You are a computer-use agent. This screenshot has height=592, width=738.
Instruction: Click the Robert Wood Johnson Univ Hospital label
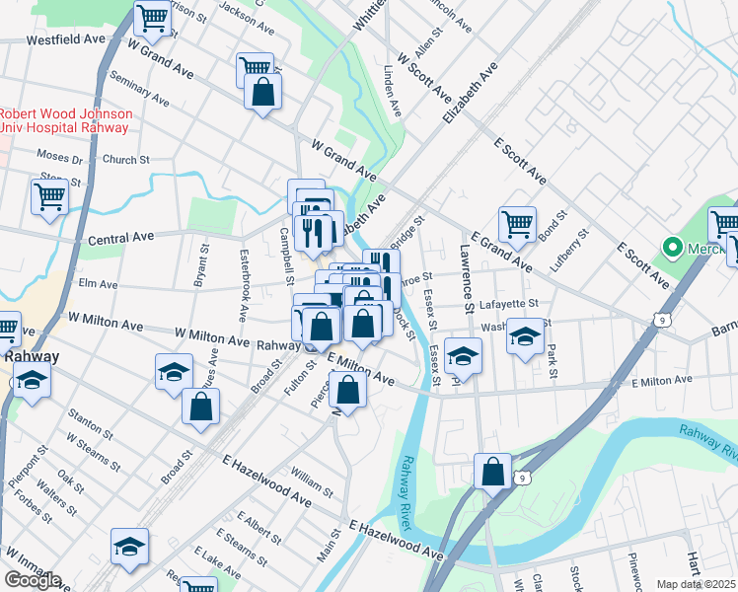pyautogui.click(x=65, y=120)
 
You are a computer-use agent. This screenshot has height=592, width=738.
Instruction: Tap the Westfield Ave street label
pyautogui.click(x=66, y=39)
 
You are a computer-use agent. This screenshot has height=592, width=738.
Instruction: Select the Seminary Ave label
pyautogui.click(x=140, y=93)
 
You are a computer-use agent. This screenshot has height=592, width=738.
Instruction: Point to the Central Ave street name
pyautogui.click(x=121, y=238)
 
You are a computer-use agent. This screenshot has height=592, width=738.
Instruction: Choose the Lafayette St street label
pyautogui.click(x=508, y=304)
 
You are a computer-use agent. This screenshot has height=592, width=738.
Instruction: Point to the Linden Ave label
pyautogui.click(x=393, y=92)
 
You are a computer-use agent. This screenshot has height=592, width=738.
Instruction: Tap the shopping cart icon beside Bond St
pyautogui.click(x=517, y=222)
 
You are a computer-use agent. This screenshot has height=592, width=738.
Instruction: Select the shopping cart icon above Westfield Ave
pyautogui.click(x=152, y=16)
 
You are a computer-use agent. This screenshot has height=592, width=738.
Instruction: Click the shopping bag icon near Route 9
pyautogui.click(x=492, y=472)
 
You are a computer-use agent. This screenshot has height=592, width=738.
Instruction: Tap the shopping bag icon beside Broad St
pyautogui.click(x=200, y=405)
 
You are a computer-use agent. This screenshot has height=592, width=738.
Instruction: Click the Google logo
pyautogui.click(x=33, y=579)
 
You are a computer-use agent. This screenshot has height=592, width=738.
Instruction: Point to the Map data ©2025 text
pyautogui.click(x=696, y=584)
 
